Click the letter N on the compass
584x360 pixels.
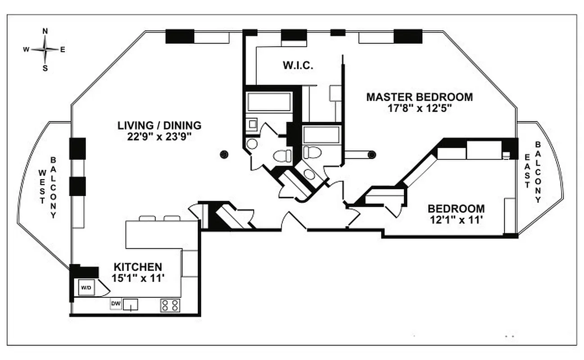(45, 31)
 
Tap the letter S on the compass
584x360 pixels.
(45, 68)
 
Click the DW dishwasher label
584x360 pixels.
(116, 305)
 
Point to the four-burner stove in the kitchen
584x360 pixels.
(170, 305)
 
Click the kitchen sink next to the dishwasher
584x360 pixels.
(131, 305)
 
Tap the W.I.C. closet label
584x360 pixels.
(298, 66)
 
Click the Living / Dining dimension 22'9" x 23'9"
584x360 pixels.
(159, 136)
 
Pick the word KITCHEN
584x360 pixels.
(137, 267)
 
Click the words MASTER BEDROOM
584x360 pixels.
(419, 97)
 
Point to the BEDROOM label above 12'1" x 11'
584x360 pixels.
(456, 209)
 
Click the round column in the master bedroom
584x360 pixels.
(371, 155)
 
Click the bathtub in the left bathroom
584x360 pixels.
(269, 102)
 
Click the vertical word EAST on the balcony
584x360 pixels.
(527, 172)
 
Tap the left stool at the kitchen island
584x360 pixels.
(147, 218)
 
